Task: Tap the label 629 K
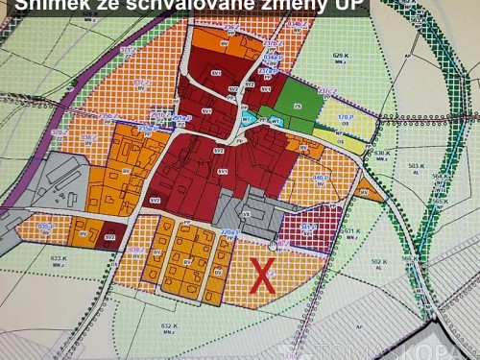(x=340, y=56)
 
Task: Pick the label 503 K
(x=416, y=166)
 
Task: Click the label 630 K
(x=382, y=153)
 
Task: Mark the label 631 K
(x=351, y=230)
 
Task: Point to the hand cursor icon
(x=273, y=245)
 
